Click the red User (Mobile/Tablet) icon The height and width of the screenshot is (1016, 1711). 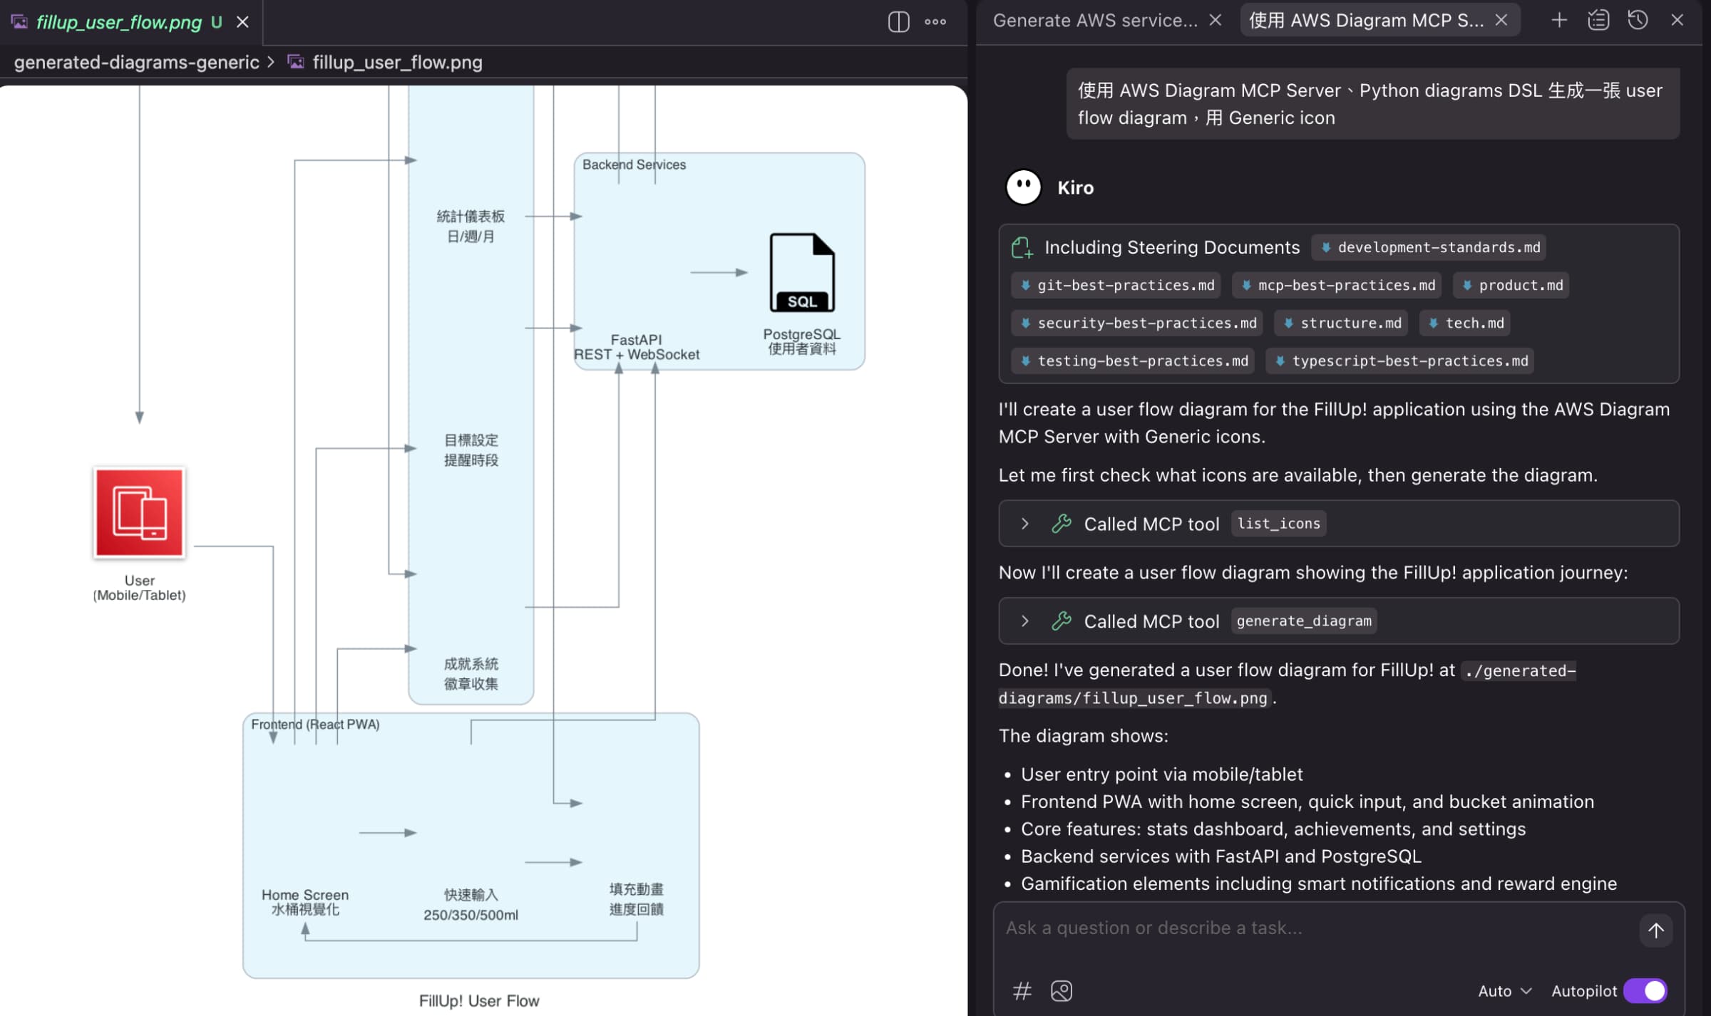pyautogui.click(x=139, y=512)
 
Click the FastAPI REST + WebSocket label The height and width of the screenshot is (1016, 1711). pyautogui.click(x=636, y=347)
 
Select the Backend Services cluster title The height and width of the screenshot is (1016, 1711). pyautogui.click(x=634, y=165)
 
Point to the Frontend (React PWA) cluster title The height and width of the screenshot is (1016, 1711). pyautogui.click(x=315, y=724)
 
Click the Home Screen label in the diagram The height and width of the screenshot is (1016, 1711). pyautogui.click(x=304, y=895)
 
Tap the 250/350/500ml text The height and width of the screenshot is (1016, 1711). pyautogui.click(x=471, y=915)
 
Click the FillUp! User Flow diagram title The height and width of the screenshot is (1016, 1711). pyautogui.click(x=479, y=1000)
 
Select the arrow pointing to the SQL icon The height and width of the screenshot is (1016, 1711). pyautogui.click(x=719, y=272)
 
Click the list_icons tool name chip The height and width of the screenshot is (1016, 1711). pyautogui.click(x=1278, y=524)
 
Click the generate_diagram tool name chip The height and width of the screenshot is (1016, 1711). pyautogui.click(x=1303, y=621)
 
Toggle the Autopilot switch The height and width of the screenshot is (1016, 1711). pyautogui.click(x=1645, y=990)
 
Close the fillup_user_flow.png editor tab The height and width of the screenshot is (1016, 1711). pyautogui.click(x=242, y=22)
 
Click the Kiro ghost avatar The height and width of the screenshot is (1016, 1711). pyautogui.click(x=1023, y=187)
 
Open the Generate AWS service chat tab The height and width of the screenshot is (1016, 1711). pyautogui.click(x=1095, y=21)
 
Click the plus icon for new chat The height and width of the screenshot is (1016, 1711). pyautogui.click(x=1558, y=20)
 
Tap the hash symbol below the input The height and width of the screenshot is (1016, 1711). pyautogui.click(x=1022, y=990)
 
